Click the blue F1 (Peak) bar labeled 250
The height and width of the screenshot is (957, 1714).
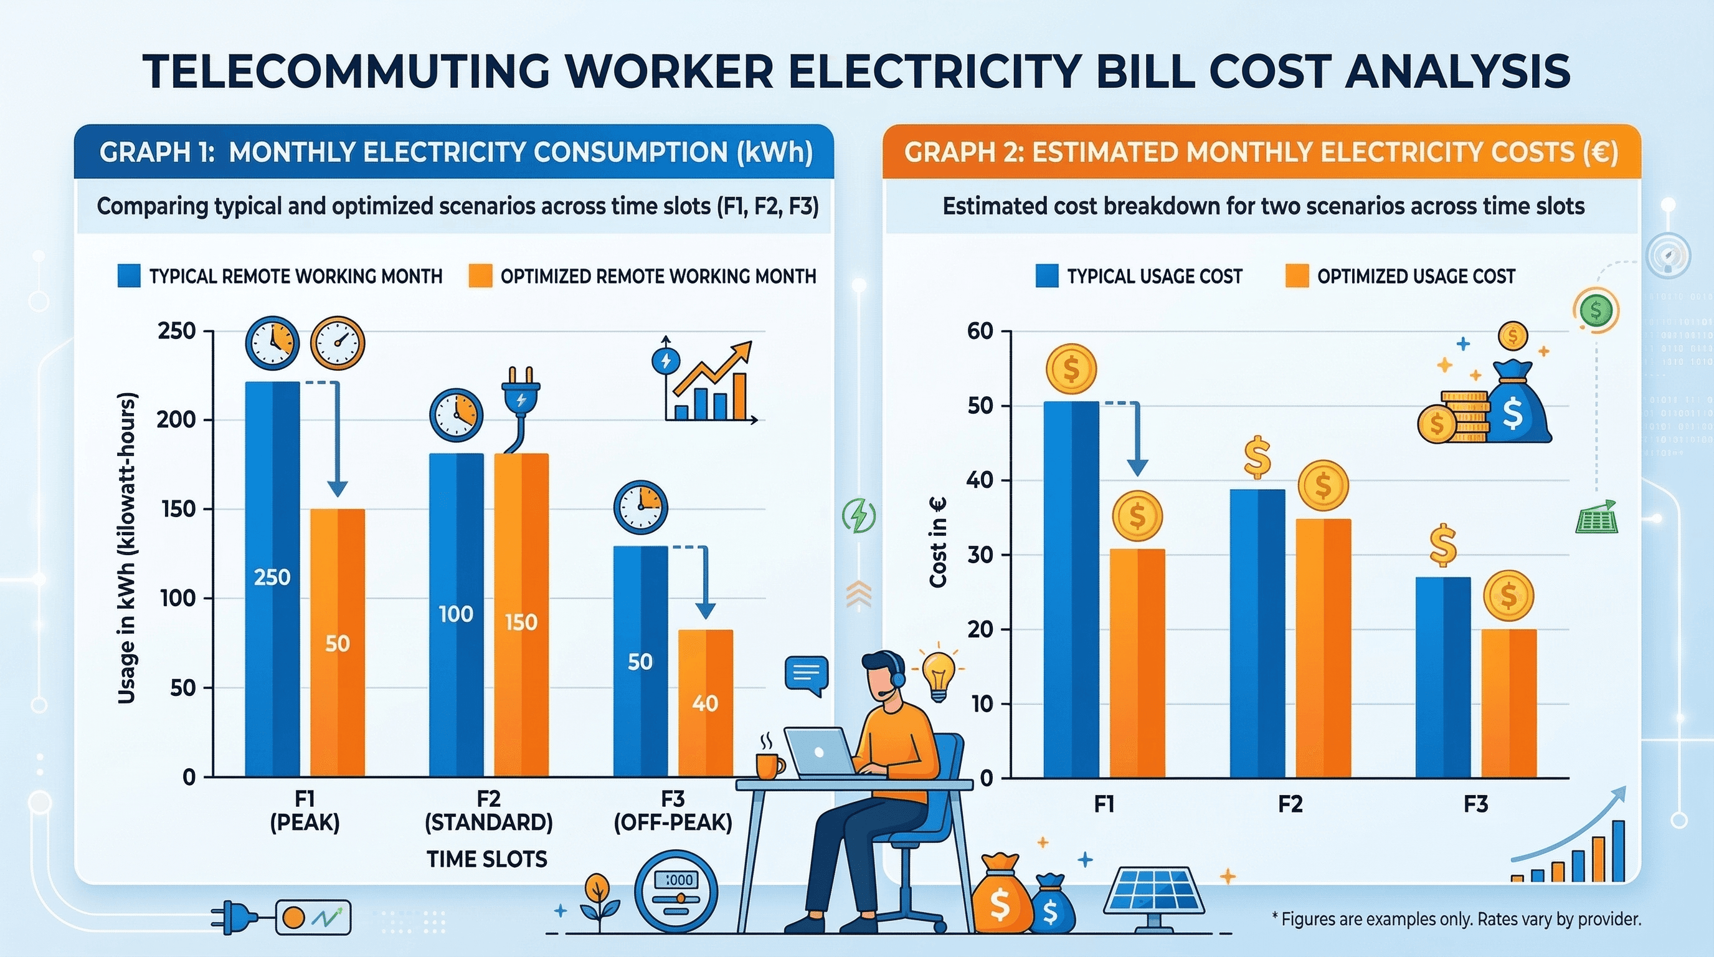[x=272, y=579]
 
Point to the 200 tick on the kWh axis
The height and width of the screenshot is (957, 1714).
[x=176, y=420]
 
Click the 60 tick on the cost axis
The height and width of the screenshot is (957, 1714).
[x=980, y=331]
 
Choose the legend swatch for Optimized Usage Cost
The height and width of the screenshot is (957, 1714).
[x=1297, y=276]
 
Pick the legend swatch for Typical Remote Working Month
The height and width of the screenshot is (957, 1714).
[x=128, y=276]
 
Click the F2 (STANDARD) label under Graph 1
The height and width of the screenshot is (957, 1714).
[x=488, y=811]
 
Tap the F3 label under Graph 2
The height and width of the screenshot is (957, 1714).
[x=1475, y=804]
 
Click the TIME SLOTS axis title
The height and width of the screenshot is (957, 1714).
[x=487, y=859]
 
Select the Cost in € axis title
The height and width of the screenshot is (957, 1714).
[x=937, y=543]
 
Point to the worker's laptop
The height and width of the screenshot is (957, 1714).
[x=820, y=752]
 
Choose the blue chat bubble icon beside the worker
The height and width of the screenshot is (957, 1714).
[x=807, y=674]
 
